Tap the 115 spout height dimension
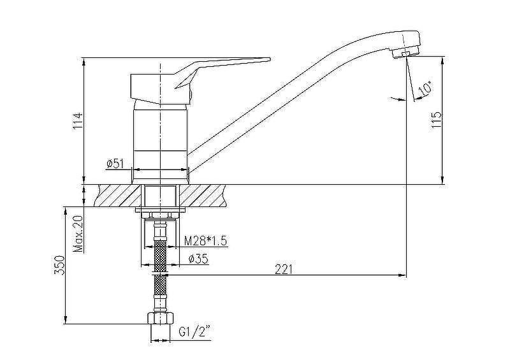(437, 120)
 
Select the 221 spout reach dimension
(284, 270)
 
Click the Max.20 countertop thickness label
(78, 234)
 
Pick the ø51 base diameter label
(115, 164)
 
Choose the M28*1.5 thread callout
(205, 241)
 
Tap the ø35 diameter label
(198, 259)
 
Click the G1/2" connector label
(194, 333)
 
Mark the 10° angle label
(426, 89)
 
